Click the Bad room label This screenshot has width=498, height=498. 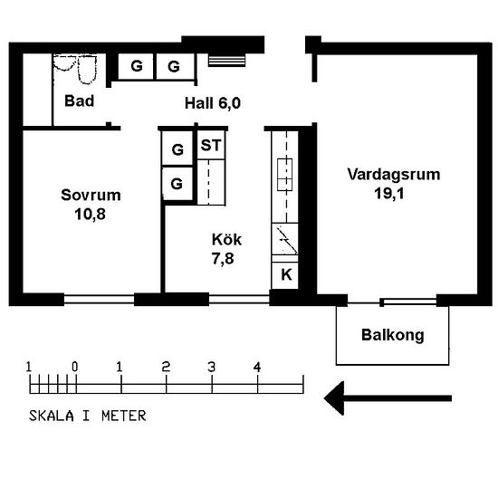[x=80, y=101]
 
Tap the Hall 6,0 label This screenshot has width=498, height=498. [x=213, y=103]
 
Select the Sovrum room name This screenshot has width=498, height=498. [x=91, y=195]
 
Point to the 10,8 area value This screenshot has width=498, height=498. [x=91, y=214]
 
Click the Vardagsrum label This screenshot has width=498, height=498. [x=394, y=175]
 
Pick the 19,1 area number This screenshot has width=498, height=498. [x=389, y=194]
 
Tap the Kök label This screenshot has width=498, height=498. [x=226, y=239]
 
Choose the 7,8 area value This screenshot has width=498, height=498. [x=223, y=259]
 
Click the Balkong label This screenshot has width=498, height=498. [x=393, y=335]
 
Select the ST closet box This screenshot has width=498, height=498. [x=211, y=145]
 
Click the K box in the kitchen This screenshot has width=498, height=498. [x=285, y=275]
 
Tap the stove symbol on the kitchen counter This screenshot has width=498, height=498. [x=284, y=175]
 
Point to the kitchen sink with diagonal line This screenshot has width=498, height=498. [x=285, y=239]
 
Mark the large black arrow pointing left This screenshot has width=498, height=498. [x=388, y=398]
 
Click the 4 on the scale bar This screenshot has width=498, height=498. [x=257, y=367]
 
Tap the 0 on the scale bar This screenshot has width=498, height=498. [x=74, y=367]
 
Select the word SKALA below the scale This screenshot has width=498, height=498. [x=52, y=416]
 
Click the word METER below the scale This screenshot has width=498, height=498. [x=124, y=416]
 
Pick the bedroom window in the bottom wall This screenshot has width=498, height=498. [x=99, y=299]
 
